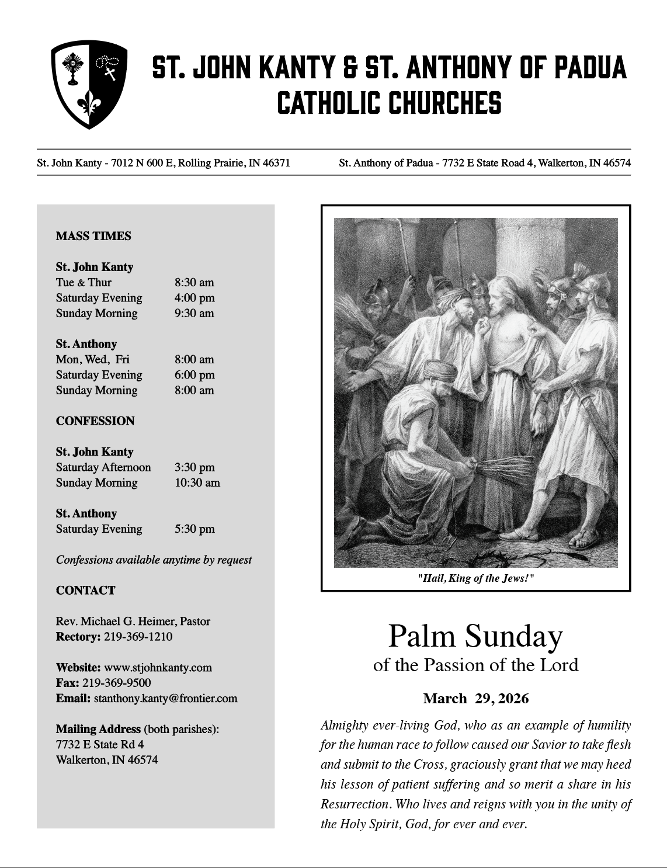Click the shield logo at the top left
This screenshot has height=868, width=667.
89,85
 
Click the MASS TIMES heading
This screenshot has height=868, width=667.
93,237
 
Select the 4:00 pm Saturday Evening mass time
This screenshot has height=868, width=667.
194,298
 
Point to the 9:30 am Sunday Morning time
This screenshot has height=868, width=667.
194,313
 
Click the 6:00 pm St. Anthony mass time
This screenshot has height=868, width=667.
194,375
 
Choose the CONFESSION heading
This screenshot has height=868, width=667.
95,421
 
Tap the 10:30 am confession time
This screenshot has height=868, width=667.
197,483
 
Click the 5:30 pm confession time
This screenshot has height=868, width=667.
194,529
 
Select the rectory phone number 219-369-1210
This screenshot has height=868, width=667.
138,637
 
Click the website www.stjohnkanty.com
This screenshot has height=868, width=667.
158,668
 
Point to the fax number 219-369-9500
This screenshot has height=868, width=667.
117,683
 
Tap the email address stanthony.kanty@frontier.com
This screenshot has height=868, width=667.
166,699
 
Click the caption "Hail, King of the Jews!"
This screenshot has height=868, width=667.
476,578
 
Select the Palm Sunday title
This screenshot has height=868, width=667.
475,636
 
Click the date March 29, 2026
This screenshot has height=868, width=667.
475,699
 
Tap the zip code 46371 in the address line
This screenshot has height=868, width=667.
276,163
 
